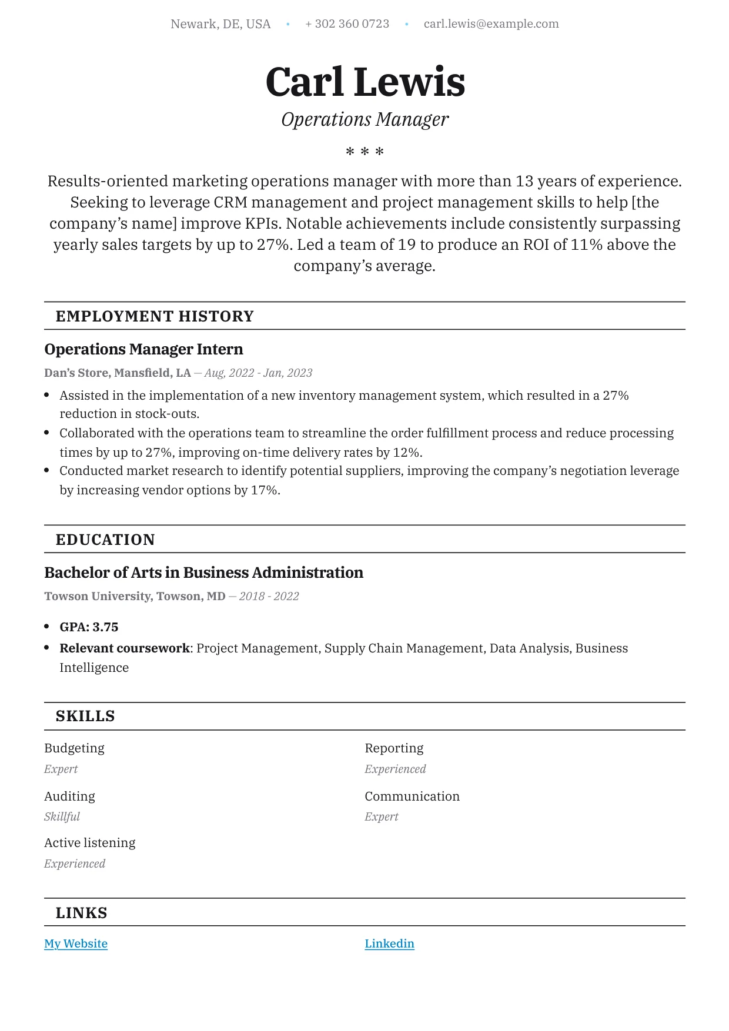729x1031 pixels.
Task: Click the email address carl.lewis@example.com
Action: pos(491,24)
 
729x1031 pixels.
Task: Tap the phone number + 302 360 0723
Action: pos(347,24)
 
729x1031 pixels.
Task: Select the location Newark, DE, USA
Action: pos(220,24)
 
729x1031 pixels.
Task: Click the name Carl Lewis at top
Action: pos(365,82)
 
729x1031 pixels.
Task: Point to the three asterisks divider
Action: pos(364,152)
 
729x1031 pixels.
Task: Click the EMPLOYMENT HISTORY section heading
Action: pos(155,316)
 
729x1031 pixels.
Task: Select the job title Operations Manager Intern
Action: pos(143,349)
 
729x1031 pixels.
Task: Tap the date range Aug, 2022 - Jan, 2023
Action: pos(258,373)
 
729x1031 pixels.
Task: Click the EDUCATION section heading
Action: pos(105,540)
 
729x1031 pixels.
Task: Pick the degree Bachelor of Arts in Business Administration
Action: pos(203,573)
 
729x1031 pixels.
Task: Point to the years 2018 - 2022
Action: pos(269,597)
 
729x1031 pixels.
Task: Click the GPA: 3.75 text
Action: pos(89,627)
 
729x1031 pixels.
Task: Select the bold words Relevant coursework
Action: pos(125,648)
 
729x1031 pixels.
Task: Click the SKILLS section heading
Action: pos(85,717)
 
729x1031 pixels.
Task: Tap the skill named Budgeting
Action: pos(74,748)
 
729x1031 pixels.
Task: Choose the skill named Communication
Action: pos(412,796)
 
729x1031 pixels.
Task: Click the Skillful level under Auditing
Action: pos(62,817)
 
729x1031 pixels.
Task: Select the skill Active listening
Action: pos(89,843)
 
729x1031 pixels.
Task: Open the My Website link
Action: pos(76,944)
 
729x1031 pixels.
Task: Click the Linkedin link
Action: pos(389,944)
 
